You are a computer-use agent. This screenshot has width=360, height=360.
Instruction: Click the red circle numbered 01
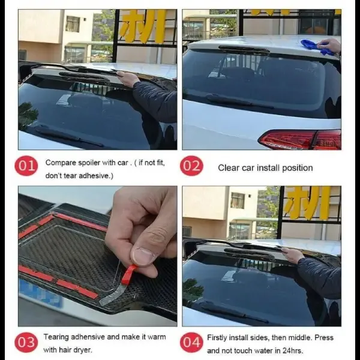[x=26, y=166]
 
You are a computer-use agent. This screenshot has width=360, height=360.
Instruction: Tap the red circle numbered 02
[x=192, y=166]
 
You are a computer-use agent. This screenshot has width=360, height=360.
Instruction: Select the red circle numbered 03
[x=26, y=343]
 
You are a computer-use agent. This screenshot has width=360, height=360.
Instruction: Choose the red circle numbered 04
[x=192, y=343]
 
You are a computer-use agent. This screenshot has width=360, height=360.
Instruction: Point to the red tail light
[x=299, y=139]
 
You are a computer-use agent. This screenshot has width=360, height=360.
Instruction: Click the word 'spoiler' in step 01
[x=89, y=163]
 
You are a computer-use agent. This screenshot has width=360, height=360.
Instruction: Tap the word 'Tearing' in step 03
[x=56, y=337]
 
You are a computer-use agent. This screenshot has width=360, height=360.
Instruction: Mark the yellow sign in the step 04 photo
[x=307, y=203]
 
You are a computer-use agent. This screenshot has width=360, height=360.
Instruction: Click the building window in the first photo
[x=73, y=24]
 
